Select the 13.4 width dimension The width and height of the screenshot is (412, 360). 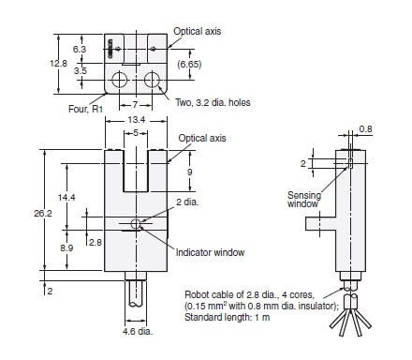click(137, 120)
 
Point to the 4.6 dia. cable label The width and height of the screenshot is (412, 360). click(137, 332)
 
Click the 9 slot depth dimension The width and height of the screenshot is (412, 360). click(190, 172)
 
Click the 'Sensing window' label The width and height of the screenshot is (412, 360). click(307, 201)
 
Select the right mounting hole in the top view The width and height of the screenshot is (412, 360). click(151, 77)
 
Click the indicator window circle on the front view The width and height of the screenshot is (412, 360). click(137, 225)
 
